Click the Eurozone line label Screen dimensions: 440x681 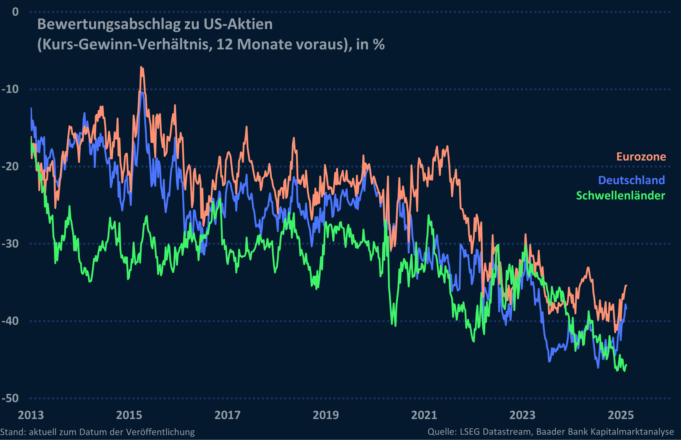point(641,157)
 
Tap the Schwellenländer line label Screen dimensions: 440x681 point(620,196)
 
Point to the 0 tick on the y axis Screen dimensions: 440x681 point(15,12)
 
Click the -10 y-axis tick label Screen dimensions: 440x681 point(10,89)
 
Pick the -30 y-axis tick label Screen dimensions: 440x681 point(10,244)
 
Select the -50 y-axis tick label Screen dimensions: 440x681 point(10,398)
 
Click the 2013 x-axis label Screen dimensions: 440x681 point(31,415)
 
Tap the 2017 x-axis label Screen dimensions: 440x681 point(228,415)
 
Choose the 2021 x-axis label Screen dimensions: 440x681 point(424,415)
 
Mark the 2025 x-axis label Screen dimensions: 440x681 point(621,415)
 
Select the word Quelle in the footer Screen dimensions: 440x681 point(441,432)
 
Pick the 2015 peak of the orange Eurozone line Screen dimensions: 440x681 point(141,68)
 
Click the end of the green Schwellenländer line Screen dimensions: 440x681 point(626,365)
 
